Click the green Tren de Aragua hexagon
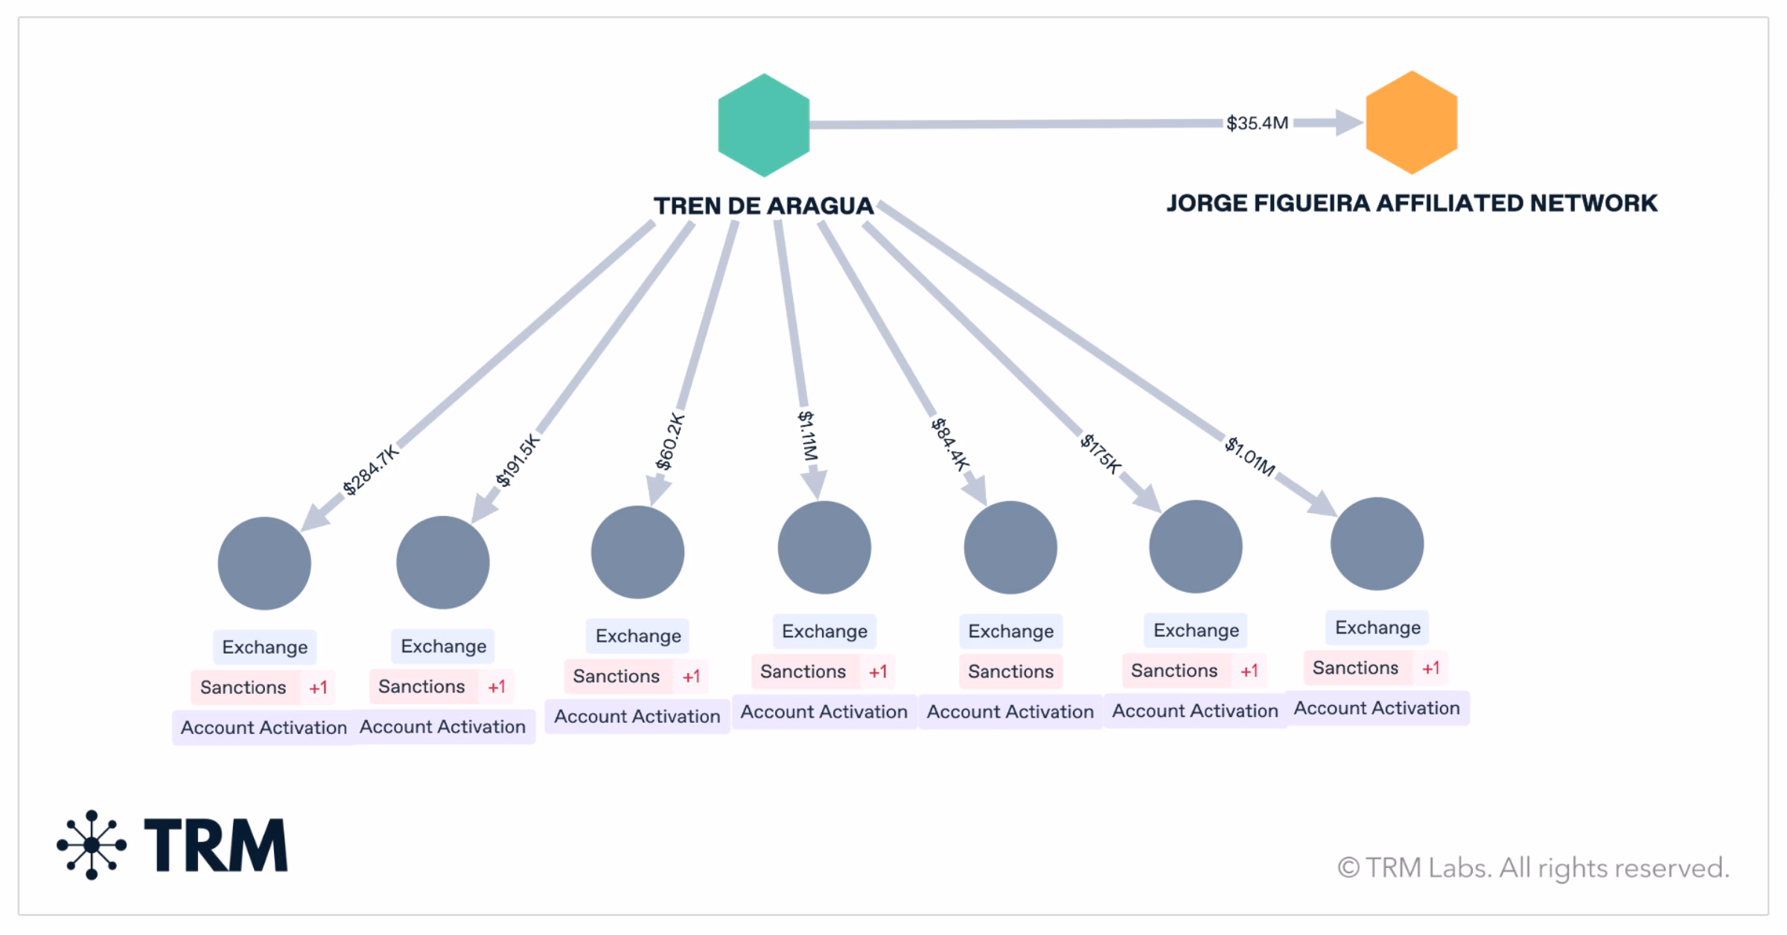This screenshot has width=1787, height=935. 763,125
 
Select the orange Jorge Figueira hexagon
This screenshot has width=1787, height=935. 1411,122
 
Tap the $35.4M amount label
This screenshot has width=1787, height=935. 1257,123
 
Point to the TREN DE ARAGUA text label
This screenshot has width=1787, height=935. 763,205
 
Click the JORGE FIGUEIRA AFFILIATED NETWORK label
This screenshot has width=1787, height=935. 1412,203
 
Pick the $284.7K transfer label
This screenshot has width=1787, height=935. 371,470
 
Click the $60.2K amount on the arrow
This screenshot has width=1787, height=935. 669,441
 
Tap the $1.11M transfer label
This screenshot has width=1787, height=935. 808,435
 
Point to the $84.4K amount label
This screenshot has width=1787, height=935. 951,444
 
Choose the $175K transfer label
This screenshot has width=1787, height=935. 1100,454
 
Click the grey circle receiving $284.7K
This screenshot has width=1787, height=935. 264,564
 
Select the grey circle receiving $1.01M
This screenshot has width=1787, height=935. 1377,544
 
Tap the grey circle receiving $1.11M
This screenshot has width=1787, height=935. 824,547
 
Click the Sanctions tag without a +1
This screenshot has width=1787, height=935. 1010,671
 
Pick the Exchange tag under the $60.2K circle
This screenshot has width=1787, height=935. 638,636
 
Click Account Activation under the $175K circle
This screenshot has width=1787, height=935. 1195,711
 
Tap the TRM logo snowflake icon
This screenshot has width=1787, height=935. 92,845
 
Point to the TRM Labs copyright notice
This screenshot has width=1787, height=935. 1534,868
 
